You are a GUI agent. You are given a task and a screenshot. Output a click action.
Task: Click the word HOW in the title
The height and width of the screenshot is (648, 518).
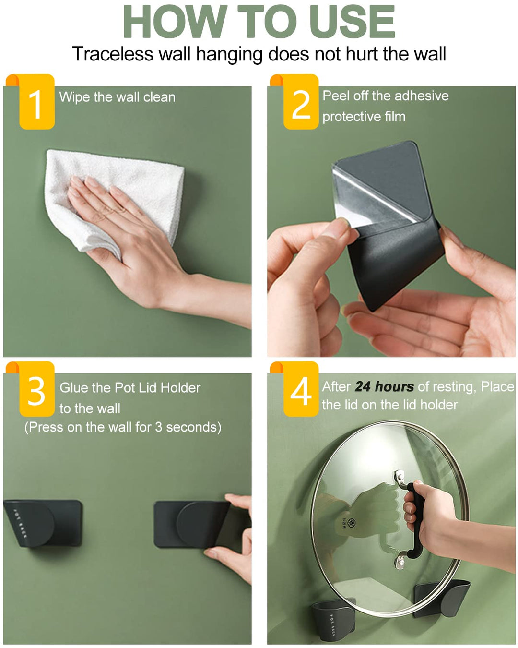coord(175,22)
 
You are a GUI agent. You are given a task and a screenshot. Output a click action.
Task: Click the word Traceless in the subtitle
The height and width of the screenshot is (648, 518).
coord(113,54)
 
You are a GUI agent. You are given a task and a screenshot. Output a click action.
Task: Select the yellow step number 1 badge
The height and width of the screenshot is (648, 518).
coord(37,102)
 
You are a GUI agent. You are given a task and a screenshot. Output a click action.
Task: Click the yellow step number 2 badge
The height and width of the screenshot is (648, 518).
coord(301,102)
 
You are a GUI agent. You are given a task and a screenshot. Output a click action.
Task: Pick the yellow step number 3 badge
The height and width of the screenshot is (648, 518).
coord(37,389)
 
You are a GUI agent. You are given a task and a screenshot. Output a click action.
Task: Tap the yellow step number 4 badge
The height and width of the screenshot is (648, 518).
coord(301,389)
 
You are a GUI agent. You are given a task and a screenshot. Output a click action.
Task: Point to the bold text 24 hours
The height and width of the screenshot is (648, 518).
coord(384,386)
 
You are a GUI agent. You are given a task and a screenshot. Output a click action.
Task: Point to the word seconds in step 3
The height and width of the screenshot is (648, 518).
coord(193,427)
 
